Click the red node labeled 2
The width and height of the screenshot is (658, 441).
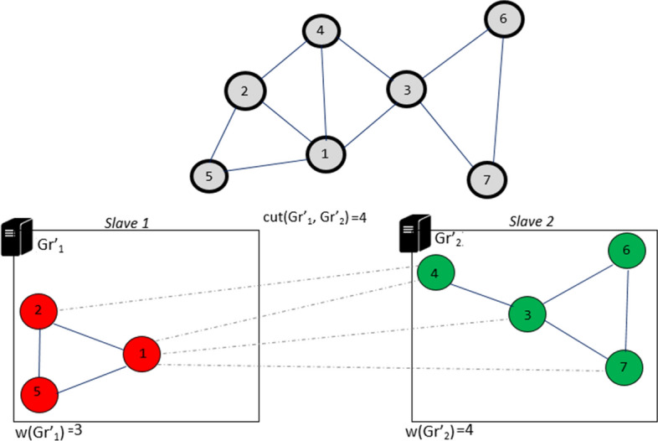pos(39,311)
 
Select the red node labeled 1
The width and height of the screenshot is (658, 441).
pos(142,355)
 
